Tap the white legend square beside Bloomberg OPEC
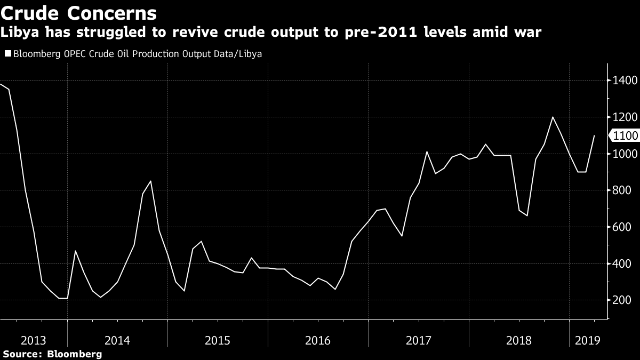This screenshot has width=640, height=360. click(x=7, y=54)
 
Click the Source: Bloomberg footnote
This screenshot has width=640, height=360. click(x=52, y=354)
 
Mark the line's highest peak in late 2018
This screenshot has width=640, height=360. click(x=553, y=117)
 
